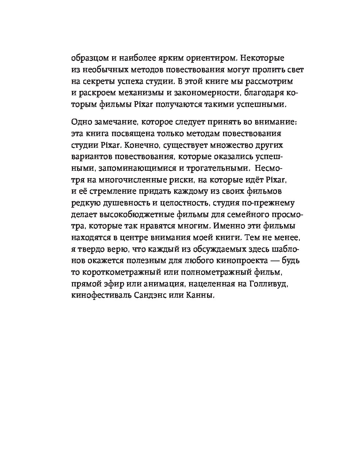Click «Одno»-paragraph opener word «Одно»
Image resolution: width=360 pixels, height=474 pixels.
80,122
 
